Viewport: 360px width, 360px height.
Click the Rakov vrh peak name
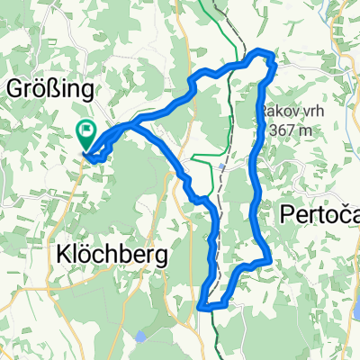tap(285, 110)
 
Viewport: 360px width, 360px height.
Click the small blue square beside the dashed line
tap(221, 167)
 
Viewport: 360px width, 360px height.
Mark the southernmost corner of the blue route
tap(202, 306)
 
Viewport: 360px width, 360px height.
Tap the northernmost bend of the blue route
tap(262, 53)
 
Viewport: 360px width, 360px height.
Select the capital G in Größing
tap(15, 89)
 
